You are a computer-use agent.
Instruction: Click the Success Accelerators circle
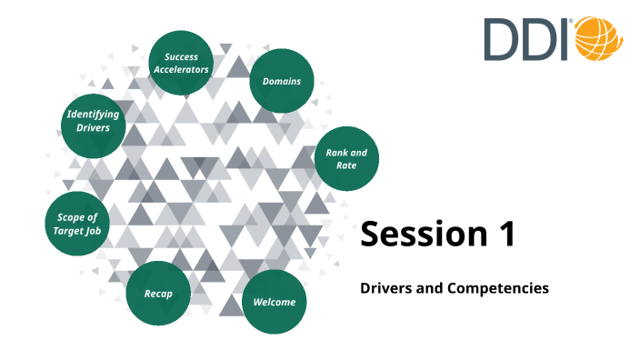coord(180,63)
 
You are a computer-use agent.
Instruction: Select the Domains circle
coord(282,82)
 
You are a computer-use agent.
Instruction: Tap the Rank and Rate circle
coord(346,158)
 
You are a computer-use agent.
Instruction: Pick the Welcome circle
coord(275,302)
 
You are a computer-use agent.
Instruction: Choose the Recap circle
coord(158,294)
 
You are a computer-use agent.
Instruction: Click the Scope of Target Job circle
coord(77,224)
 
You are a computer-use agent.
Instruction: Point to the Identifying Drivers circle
coord(93,122)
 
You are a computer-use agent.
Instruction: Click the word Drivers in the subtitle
coord(385,288)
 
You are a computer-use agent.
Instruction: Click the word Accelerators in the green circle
coord(180,70)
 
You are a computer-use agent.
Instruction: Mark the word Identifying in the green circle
coord(93,115)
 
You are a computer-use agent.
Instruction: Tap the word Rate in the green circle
coord(346,165)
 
